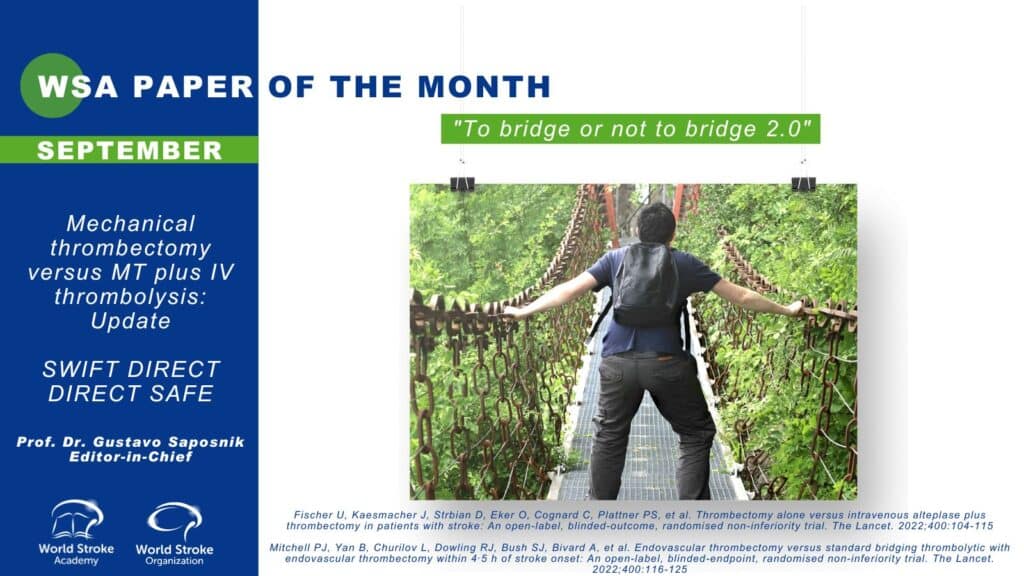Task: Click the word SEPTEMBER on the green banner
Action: pos(129,150)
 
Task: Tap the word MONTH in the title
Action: pos(484,87)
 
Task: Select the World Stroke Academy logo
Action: pos(76,532)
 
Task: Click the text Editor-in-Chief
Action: pos(131,456)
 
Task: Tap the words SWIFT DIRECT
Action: pos(131,369)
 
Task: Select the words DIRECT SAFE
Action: pos(131,393)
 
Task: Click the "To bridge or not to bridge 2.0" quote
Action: pos(631,129)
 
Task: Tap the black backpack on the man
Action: pos(646,283)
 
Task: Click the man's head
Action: pos(656,224)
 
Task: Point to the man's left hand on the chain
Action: pos(514,313)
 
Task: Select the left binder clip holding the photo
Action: pos(462,184)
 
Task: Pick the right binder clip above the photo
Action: pos(803,184)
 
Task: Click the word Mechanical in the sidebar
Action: pos(131,224)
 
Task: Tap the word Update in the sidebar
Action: pos(131,321)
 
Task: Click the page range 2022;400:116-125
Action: pos(640,569)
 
